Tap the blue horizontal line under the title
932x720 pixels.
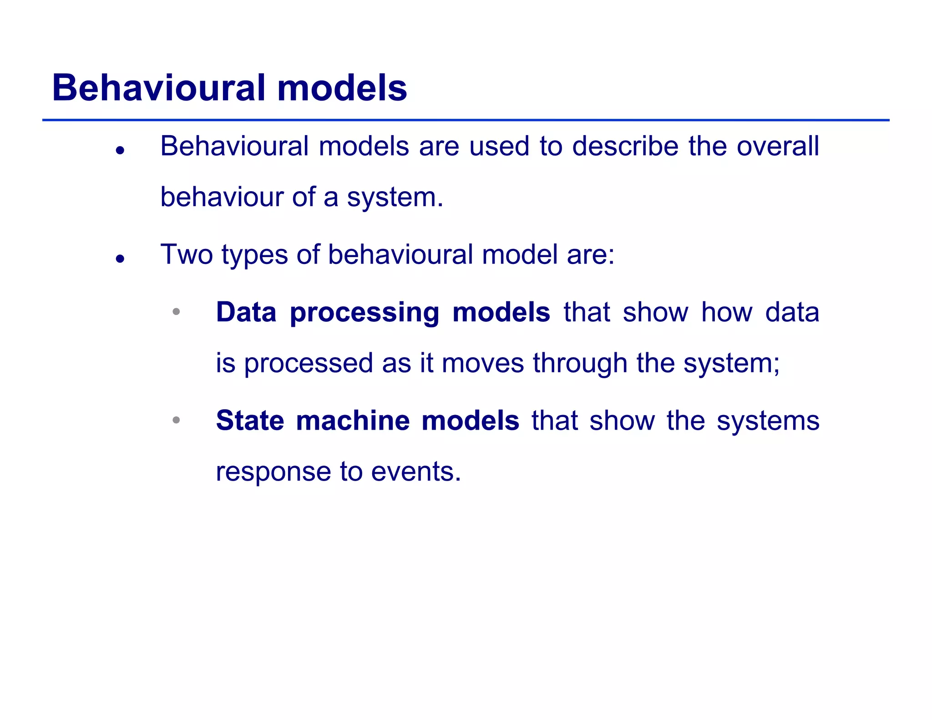[x=466, y=120]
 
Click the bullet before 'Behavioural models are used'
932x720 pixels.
[x=120, y=151]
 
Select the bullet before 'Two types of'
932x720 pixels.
[x=120, y=259]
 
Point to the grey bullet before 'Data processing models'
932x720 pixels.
[x=176, y=312]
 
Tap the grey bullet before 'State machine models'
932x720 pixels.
[x=176, y=420]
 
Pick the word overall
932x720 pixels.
[x=778, y=147]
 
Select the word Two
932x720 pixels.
[x=187, y=254]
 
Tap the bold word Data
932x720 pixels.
[x=246, y=312]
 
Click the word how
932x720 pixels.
[x=727, y=312]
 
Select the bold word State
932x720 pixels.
[x=250, y=420]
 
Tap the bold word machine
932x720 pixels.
[x=353, y=420]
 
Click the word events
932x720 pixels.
[x=415, y=472]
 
